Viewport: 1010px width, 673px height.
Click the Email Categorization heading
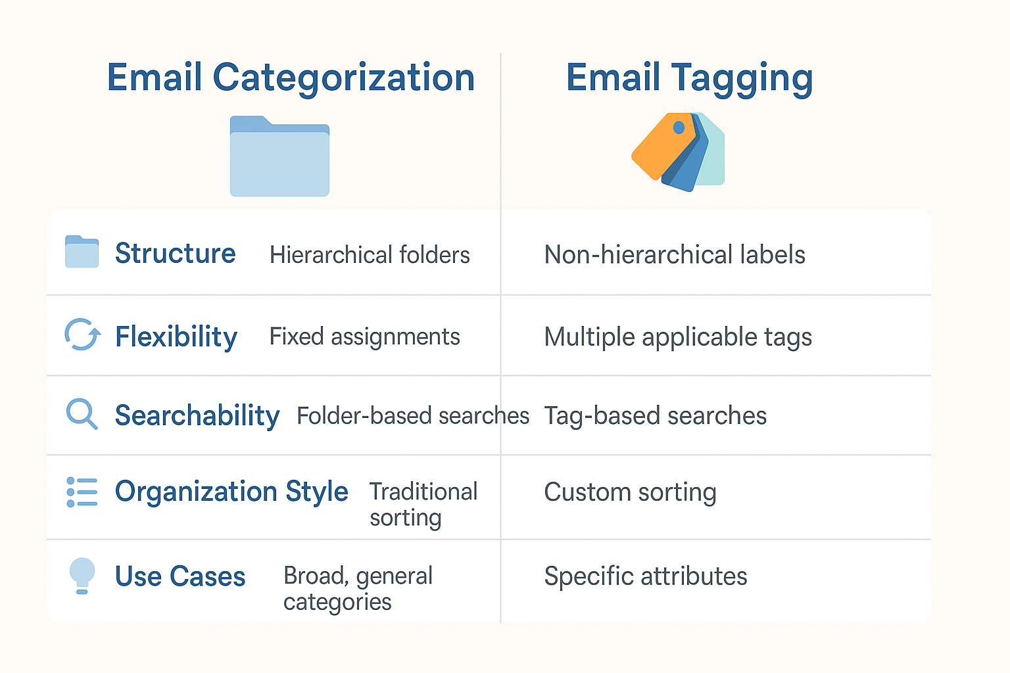point(291,78)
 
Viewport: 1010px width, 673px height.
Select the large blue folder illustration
point(279,156)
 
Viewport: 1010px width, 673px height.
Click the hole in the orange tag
point(679,128)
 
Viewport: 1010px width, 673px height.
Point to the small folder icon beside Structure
point(82,252)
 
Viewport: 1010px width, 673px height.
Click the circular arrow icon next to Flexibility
point(82,335)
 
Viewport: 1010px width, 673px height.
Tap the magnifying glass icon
point(82,414)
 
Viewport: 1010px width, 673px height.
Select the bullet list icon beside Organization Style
point(82,492)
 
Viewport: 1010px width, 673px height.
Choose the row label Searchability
point(197,415)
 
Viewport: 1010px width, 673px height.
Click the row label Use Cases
point(180,576)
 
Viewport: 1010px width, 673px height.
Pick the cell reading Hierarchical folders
point(370,255)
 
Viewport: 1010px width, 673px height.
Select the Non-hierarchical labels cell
point(675,254)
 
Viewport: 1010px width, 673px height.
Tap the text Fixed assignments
point(364,336)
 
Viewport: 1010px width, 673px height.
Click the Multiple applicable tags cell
point(678,337)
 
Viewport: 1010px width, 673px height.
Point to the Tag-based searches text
point(655,415)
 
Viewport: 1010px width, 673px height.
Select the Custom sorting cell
point(630,492)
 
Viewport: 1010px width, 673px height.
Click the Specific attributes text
point(646,576)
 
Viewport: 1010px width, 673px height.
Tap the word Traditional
point(423,492)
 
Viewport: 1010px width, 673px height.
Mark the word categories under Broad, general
point(337,603)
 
